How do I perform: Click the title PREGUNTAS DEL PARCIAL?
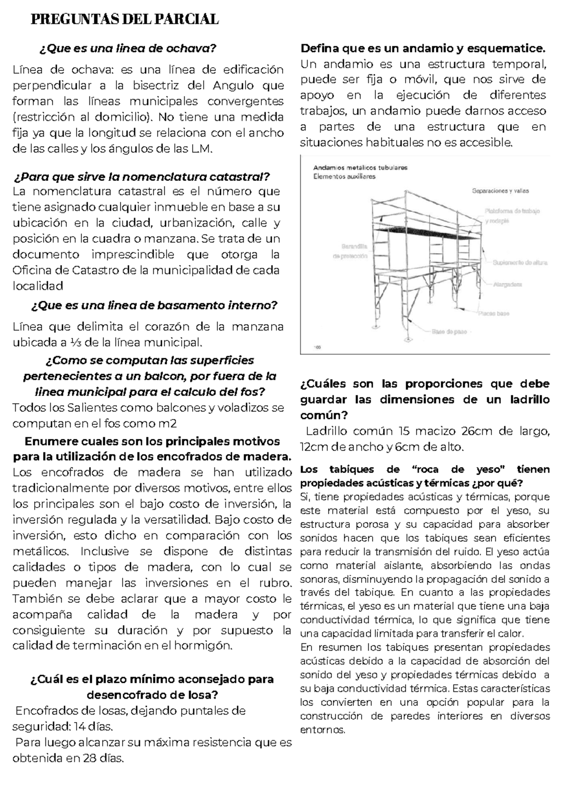point(124,19)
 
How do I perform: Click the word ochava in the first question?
point(191,48)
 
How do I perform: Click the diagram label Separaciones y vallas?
point(500,191)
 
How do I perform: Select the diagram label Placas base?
point(493,313)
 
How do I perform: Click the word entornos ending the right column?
point(323,730)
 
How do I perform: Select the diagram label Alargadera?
point(507,285)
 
